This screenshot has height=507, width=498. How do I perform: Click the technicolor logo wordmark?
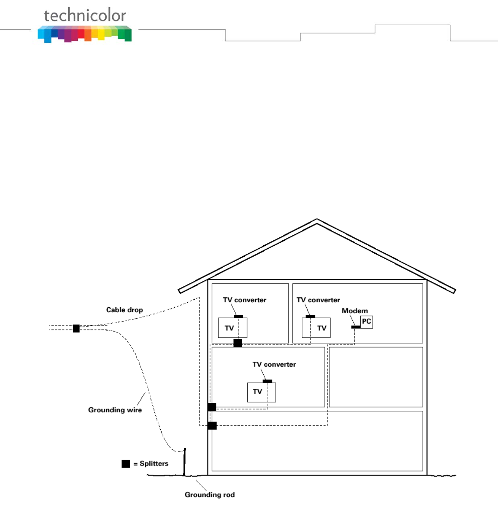(85, 16)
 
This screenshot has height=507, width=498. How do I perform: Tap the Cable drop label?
(124, 310)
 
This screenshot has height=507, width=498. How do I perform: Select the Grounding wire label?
(115, 410)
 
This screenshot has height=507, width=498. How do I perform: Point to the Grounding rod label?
(209, 494)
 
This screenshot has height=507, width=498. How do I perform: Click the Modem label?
(354, 311)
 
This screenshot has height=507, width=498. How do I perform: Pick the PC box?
(366, 322)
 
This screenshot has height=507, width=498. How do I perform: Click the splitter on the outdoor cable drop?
(76, 329)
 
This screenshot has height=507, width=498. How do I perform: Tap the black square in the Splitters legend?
(126, 463)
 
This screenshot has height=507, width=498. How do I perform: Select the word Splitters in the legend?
(154, 463)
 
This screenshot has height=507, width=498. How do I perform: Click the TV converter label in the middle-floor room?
(274, 364)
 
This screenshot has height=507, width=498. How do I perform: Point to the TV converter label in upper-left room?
(244, 300)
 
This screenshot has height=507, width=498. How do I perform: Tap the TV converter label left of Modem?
(318, 300)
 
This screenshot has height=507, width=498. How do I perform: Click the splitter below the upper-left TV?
(237, 343)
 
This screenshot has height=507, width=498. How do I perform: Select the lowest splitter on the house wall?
(212, 426)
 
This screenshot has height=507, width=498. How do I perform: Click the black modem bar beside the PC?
(356, 327)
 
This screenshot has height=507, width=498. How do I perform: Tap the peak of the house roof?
(317, 220)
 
